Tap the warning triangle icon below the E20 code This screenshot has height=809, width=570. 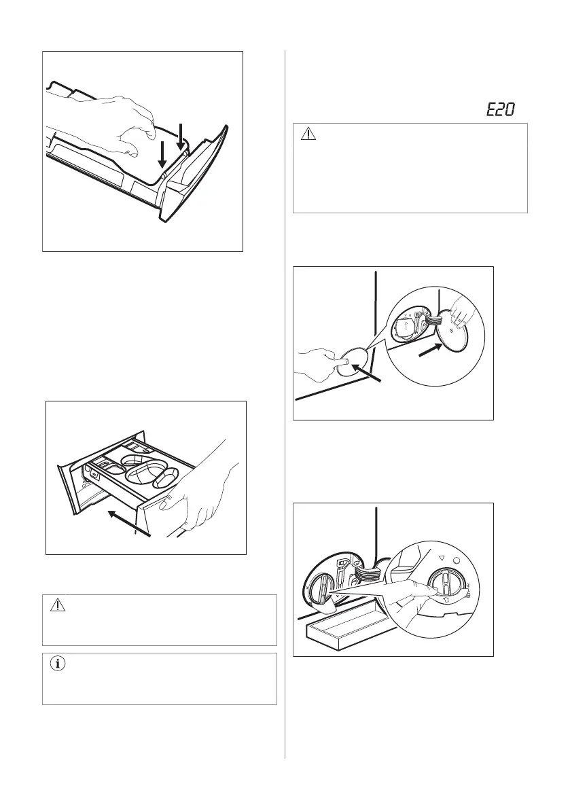(x=308, y=134)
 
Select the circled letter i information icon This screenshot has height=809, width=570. (x=58, y=665)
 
